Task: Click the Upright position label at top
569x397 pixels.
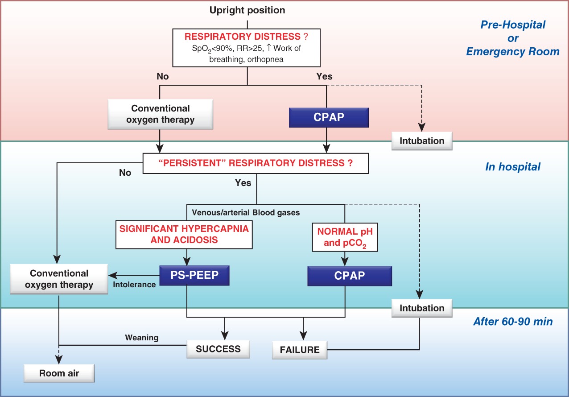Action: (247, 10)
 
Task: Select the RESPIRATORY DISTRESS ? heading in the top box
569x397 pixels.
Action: (246, 37)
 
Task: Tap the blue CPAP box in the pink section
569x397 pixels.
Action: (329, 117)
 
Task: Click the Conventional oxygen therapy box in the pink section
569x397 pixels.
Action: (160, 114)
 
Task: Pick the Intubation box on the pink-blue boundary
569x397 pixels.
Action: (422, 141)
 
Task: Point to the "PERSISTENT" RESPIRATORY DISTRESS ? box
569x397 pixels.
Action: (256, 163)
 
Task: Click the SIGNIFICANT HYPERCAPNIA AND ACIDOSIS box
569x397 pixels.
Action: (184, 234)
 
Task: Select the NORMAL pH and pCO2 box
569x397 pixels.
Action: (345, 237)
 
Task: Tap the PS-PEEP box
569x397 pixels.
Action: (194, 276)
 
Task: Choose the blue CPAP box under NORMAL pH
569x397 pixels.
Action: (350, 276)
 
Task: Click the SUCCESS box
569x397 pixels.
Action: (218, 349)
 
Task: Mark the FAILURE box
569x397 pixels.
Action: (300, 350)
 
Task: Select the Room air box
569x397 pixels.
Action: (59, 373)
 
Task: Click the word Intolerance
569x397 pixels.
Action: (134, 285)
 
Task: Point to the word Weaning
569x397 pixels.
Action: (142, 338)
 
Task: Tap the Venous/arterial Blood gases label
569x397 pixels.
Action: (246, 212)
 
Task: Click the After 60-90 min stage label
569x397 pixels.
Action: (513, 322)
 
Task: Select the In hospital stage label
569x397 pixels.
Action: (513, 167)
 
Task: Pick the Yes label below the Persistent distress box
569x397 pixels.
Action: (243, 183)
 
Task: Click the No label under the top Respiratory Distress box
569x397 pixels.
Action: (163, 76)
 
